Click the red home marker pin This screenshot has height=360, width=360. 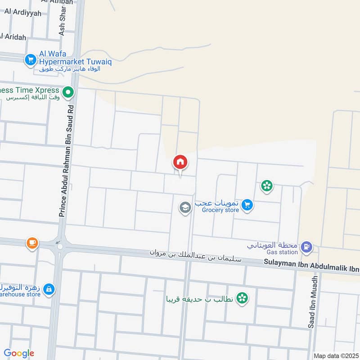coord(180,162)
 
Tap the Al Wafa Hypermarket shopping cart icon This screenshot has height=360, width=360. coord(31,59)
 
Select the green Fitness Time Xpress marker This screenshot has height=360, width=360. coord(68,93)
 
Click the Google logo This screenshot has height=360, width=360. coord(19,353)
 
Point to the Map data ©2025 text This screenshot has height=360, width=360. coord(336,356)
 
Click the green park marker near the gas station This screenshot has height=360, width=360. coord(267,185)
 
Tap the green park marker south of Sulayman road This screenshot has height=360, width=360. coord(243,297)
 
